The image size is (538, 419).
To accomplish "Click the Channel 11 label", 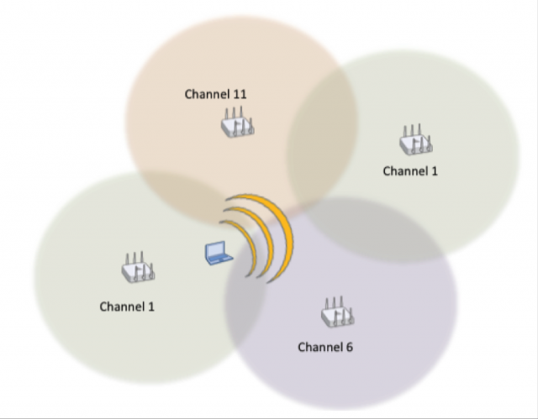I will tap(216, 94).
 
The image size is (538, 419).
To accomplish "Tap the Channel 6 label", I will tap(325, 347).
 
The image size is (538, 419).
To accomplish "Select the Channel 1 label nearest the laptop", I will tap(127, 306).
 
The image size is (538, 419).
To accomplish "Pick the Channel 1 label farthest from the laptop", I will tap(410, 171).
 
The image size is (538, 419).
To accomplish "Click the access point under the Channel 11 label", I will tap(237, 124).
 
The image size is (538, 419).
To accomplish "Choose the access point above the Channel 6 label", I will tap(337, 314).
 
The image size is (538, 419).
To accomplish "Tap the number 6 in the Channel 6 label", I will tap(349, 347).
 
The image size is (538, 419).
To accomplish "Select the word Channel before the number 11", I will tap(207, 94).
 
